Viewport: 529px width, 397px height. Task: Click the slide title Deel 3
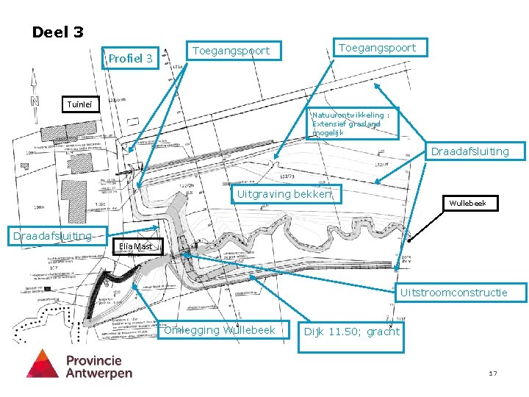(x=57, y=32)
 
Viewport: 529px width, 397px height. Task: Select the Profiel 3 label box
(x=131, y=58)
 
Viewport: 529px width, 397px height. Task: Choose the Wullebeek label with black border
(x=467, y=203)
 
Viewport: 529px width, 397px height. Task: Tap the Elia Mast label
(x=135, y=247)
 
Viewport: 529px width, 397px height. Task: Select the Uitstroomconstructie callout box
(x=453, y=293)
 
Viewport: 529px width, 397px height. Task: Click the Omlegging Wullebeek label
(x=219, y=330)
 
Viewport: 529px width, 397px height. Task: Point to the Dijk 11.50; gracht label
(x=351, y=332)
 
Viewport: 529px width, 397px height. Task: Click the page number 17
(x=493, y=374)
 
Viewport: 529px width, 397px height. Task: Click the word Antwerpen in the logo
(x=99, y=373)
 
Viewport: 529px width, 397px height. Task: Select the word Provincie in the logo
(x=94, y=360)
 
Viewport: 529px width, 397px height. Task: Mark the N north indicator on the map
(x=33, y=101)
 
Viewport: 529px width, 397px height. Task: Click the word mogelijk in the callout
(x=327, y=133)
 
